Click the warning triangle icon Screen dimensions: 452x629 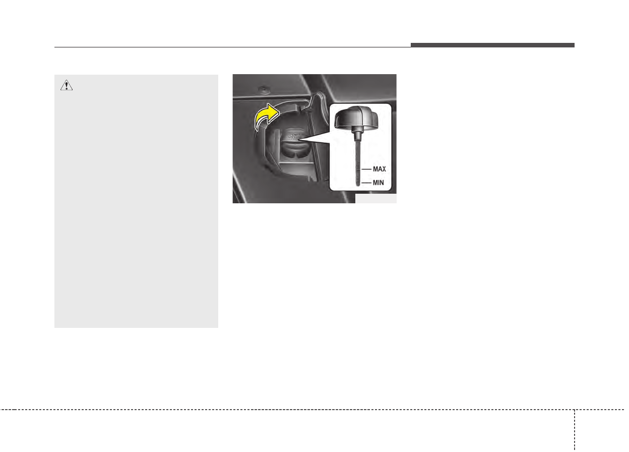point(67,86)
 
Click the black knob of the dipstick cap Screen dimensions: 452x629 point(357,118)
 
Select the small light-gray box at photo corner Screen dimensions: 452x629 point(375,199)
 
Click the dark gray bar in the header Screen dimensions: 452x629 point(492,45)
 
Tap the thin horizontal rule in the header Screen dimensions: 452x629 point(232,48)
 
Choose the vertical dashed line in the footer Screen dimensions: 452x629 point(574,429)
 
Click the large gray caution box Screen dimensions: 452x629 point(136,212)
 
